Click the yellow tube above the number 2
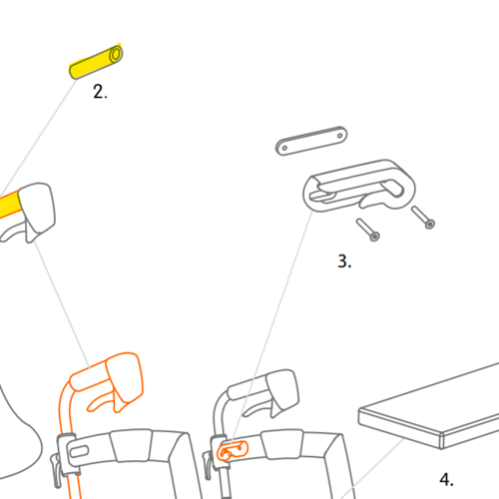pyautogui.click(x=96, y=62)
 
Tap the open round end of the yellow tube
pyautogui.click(x=116, y=54)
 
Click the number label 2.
pyautogui.click(x=100, y=92)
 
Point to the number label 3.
pyautogui.click(x=344, y=261)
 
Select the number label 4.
pyautogui.click(x=446, y=479)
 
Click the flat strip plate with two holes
pyautogui.click(x=311, y=141)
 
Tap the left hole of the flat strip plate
pyautogui.click(x=284, y=148)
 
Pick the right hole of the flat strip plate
pyautogui.click(x=339, y=136)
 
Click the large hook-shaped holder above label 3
pyautogui.click(x=359, y=187)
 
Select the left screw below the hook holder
pyautogui.click(x=368, y=230)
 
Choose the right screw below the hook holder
pyautogui.click(x=423, y=218)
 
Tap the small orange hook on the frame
pyautogui.click(x=233, y=450)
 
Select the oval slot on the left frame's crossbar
pyautogui.click(x=79, y=452)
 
